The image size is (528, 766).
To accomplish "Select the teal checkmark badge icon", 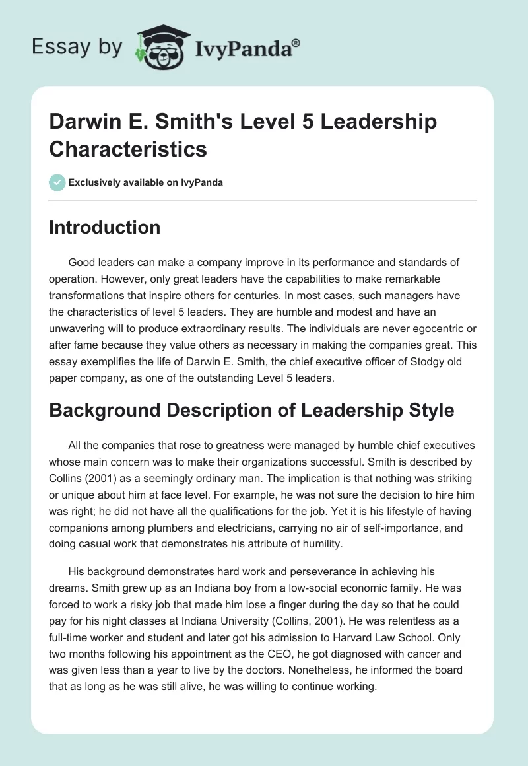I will (57, 182).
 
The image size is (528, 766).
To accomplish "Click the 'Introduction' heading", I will (105, 228).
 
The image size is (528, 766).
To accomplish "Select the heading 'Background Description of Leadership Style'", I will (251, 410).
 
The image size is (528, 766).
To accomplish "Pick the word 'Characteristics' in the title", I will (129, 149).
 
